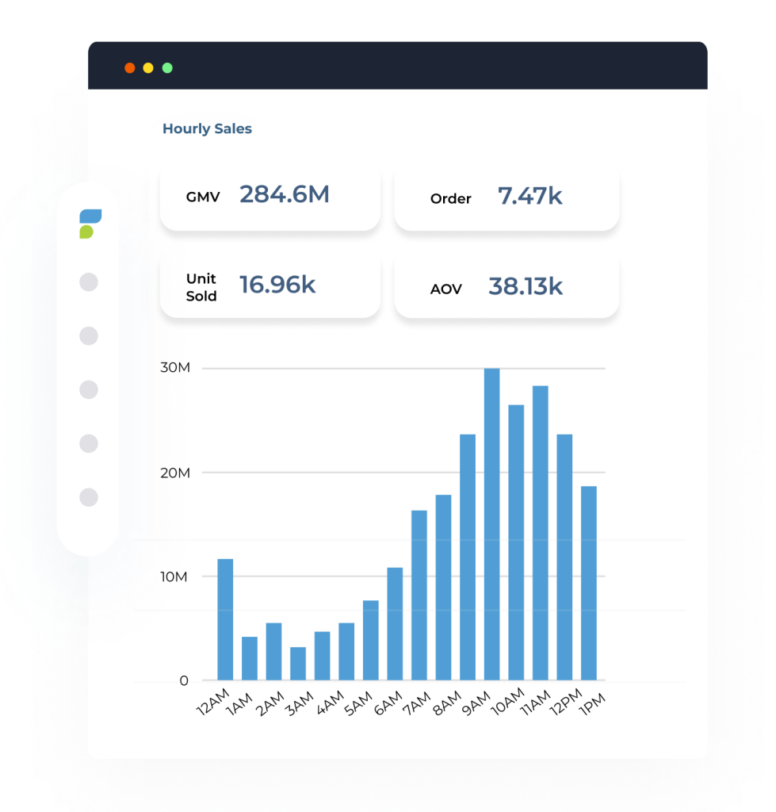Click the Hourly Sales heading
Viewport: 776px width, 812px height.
[207, 128]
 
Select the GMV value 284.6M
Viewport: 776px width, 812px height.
[284, 194]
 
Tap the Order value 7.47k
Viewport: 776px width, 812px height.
[529, 196]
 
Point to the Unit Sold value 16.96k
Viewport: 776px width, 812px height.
[277, 285]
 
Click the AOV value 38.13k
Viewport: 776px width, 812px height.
[525, 286]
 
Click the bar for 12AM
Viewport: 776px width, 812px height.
[225, 619]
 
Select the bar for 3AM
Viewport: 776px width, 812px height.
[298, 663]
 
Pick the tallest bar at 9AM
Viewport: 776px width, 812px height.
[491, 524]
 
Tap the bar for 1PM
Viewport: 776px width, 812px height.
[588, 583]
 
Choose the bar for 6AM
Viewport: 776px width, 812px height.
[395, 623]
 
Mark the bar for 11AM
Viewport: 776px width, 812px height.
[540, 533]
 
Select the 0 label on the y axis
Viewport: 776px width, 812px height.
[184, 680]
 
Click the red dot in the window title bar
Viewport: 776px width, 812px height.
[129, 68]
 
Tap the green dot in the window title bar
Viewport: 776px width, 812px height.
[167, 68]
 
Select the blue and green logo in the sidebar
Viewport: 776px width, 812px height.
[90, 224]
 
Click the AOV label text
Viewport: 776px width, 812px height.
[445, 289]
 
